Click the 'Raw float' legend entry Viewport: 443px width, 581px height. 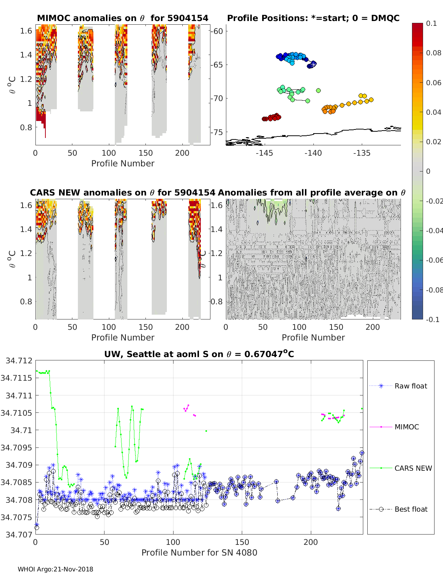pyautogui.click(x=411, y=386)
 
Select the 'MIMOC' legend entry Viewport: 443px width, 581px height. pyautogui.click(x=406, y=427)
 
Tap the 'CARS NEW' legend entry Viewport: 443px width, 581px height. pyautogui.click(x=413, y=468)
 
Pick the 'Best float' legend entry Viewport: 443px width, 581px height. pyautogui.click(x=411, y=509)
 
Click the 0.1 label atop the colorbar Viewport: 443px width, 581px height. pyautogui.click(x=431, y=23)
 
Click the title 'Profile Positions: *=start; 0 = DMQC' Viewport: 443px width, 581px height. pyautogui.click(x=313, y=18)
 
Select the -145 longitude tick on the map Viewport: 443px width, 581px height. pyautogui.click(x=264, y=153)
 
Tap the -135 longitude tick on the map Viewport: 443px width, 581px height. pyautogui.click(x=361, y=153)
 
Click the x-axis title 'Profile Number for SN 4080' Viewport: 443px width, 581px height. pyautogui.click(x=199, y=553)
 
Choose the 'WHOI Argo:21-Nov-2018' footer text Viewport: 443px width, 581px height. pyautogui.click(x=55, y=569)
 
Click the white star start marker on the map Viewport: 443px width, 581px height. pyautogui.click(x=313, y=64)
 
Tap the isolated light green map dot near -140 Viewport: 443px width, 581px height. pyautogui.click(x=318, y=90)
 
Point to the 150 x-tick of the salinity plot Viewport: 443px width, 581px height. pyautogui.click(x=242, y=542)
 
